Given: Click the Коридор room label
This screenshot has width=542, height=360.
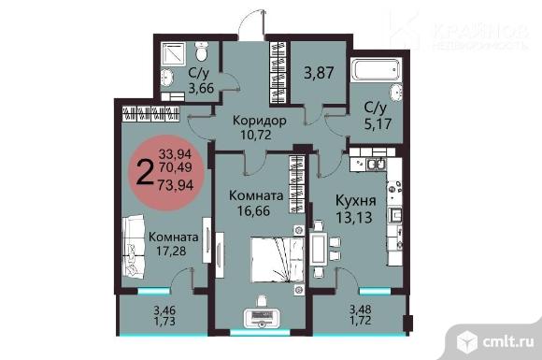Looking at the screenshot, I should pyautogui.click(x=247, y=122).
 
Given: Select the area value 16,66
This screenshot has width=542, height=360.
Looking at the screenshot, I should pyautogui.click(x=254, y=211).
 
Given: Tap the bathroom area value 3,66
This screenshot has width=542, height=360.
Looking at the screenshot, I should pyautogui.click(x=202, y=89).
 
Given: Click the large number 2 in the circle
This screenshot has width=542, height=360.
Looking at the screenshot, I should pyautogui.click(x=145, y=171).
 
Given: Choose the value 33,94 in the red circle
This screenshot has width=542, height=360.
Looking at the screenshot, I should pyautogui.click(x=176, y=152).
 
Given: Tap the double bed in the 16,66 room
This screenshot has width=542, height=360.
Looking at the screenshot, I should pyautogui.click(x=269, y=257).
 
